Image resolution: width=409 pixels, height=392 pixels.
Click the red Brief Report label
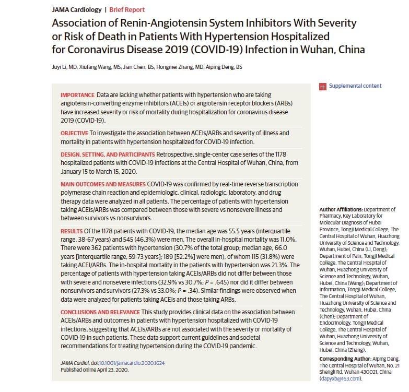pyautogui.click(x=127, y=10)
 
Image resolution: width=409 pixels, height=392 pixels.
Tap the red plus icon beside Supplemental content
pyautogui.click(x=323, y=86)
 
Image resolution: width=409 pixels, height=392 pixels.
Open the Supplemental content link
pyautogui.click(x=355, y=86)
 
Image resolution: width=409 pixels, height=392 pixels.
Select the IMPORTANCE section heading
pyautogui.click(x=77, y=95)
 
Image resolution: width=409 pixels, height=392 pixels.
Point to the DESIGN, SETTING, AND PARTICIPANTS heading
pyautogui.click(x=108, y=155)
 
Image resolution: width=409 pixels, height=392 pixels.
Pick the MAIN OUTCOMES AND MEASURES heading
pyautogui.click(x=103, y=184)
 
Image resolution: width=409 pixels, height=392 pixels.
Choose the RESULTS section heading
pyautogui.click(x=72, y=230)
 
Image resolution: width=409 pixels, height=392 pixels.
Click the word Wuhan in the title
pyautogui.click(x=314, y=50)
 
